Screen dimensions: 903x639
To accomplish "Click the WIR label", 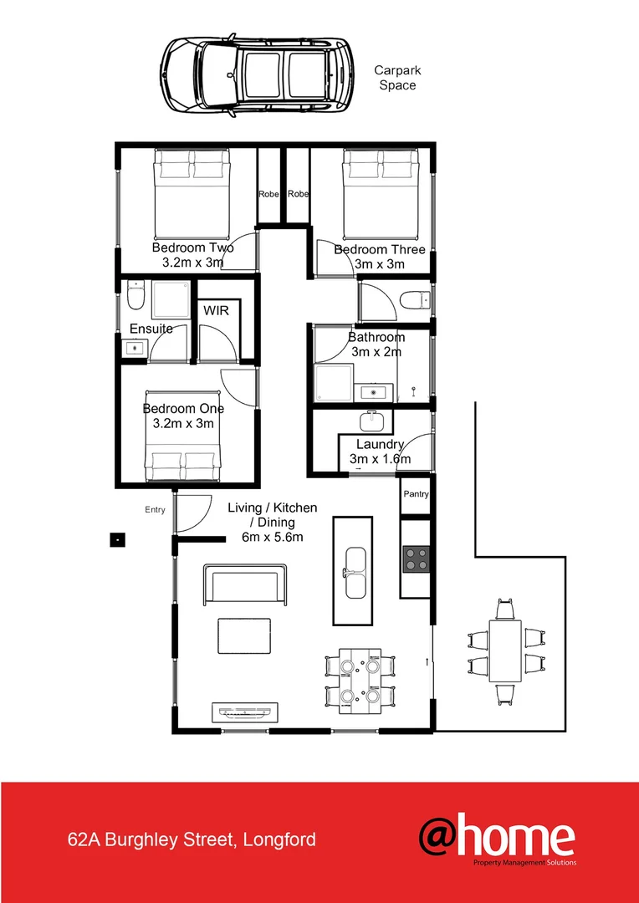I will coord(216,310).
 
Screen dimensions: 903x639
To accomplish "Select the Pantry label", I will coord(416,494).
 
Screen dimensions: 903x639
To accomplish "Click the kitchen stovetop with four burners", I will coord(416,558).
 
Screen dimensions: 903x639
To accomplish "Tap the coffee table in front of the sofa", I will coord(245,635).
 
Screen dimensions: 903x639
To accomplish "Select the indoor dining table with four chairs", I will coord(359,680).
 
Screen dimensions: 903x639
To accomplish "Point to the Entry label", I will coord(155,510).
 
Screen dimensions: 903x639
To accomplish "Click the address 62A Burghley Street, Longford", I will coord(192,839).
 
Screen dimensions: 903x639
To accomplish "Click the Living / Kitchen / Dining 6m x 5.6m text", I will coord(273,522).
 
